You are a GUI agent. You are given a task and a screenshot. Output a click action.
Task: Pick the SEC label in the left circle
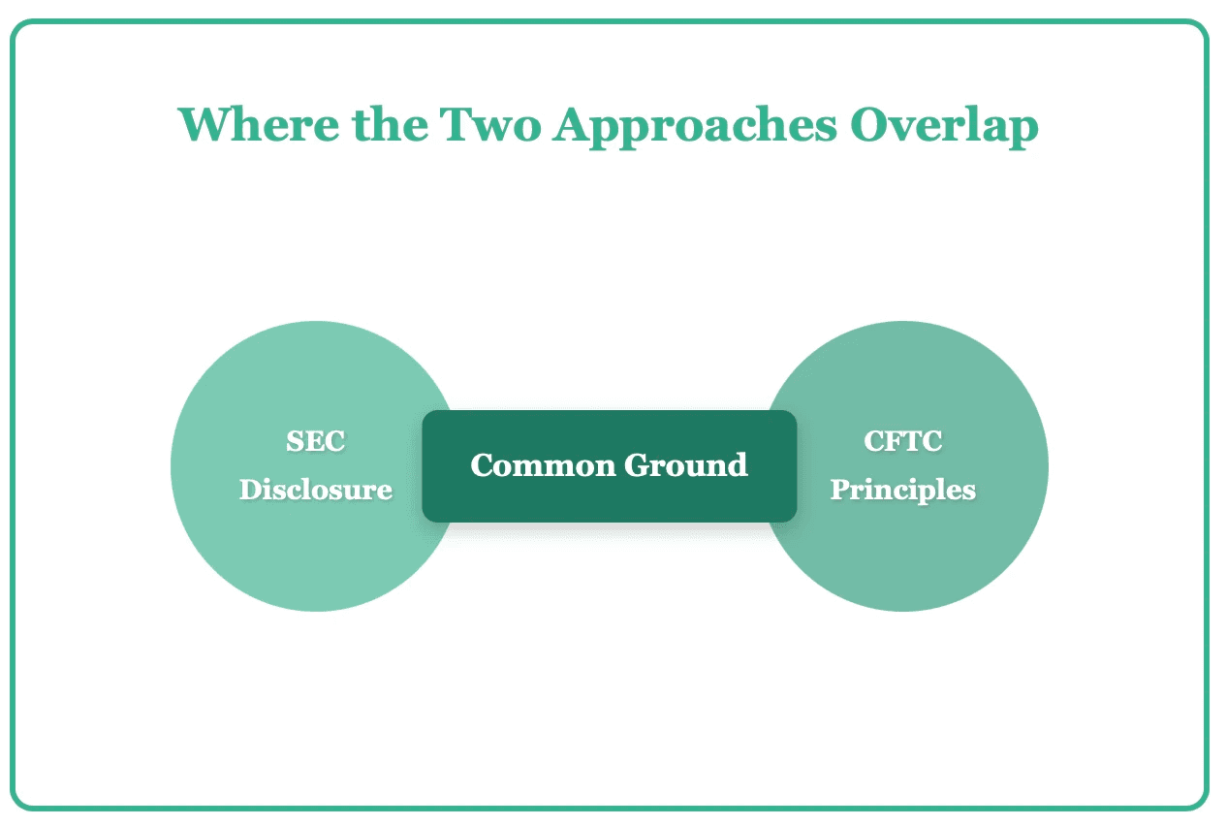(x=316, y=442)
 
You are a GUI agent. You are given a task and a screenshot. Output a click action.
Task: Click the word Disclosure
(x=316, y=490)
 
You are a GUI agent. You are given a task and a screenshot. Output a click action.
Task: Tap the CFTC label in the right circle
(x=902, y=442)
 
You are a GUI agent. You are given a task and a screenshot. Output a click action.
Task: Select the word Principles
(x=902, y=490)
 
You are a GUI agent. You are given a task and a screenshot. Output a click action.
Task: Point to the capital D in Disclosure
(x=249, y=490)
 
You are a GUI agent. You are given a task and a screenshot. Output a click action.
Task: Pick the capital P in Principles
(x=839, y=490)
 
